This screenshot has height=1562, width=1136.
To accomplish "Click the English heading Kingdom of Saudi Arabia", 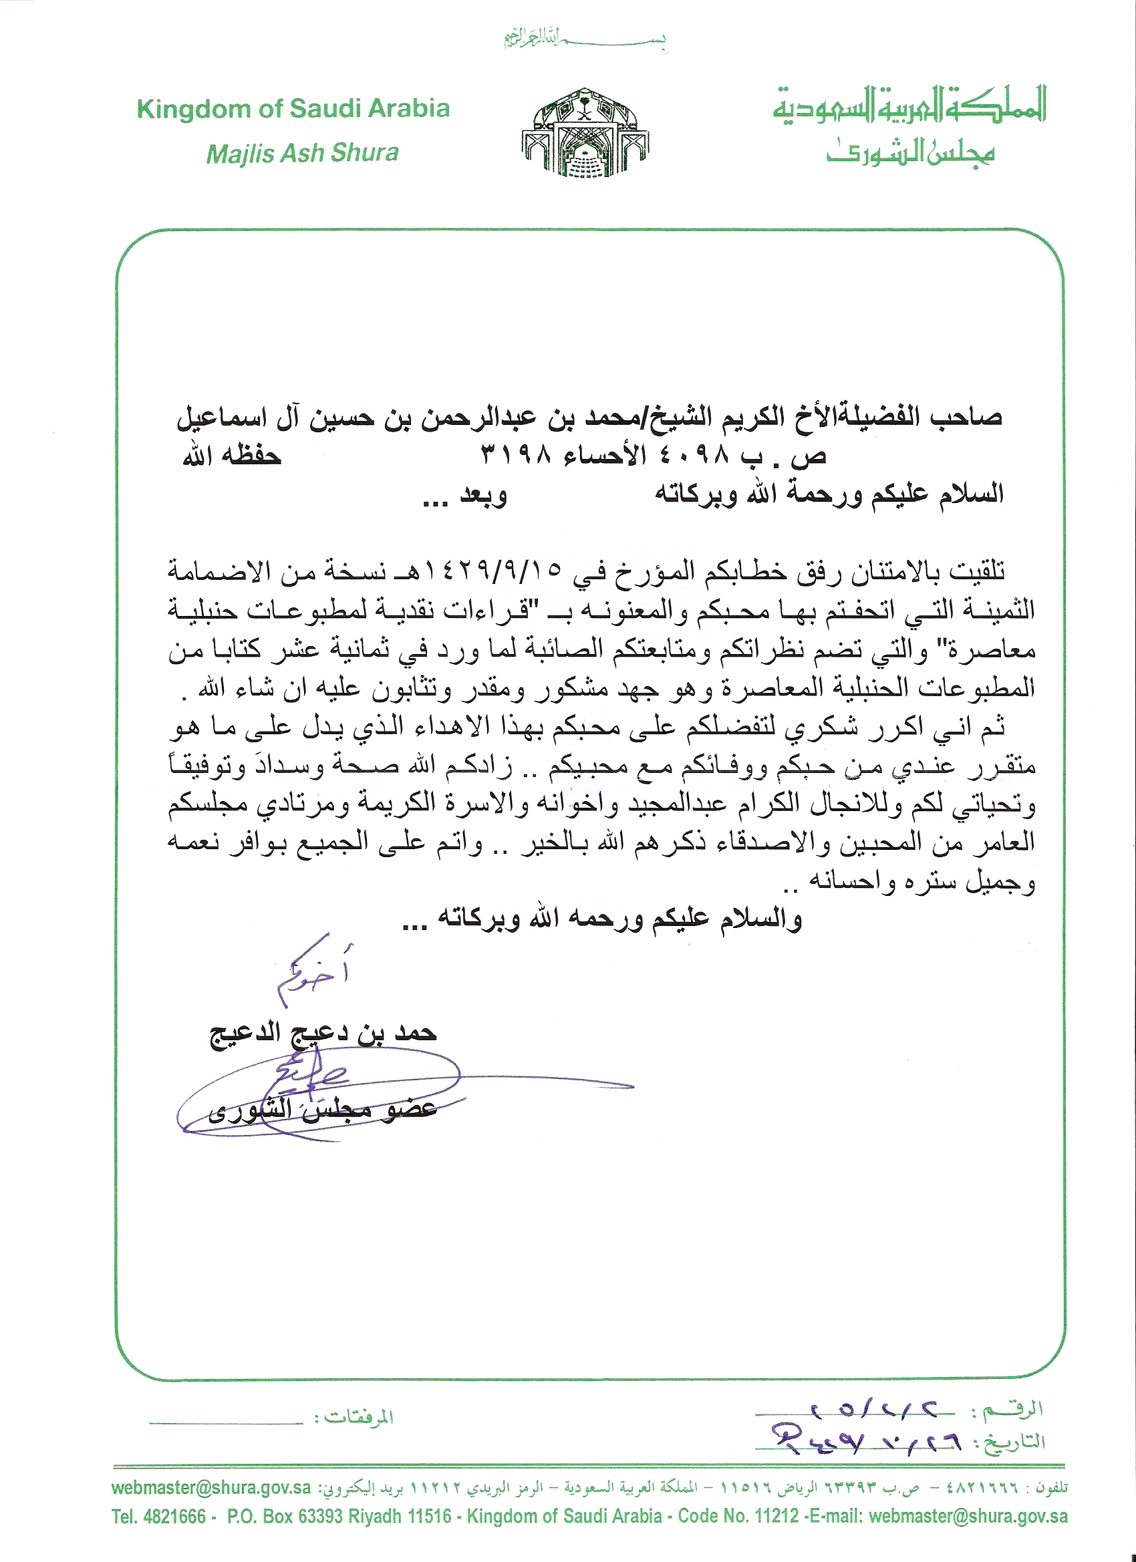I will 293,109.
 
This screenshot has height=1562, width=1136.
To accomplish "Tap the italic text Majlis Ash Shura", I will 303,153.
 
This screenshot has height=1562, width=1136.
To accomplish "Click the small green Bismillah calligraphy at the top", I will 585,39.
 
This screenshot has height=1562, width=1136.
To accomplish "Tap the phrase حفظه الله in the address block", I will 231,456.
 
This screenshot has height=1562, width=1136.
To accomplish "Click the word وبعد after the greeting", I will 483,494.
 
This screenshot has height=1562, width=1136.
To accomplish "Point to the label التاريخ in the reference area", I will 1015,1443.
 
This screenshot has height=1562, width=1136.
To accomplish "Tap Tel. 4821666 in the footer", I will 159,1517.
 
